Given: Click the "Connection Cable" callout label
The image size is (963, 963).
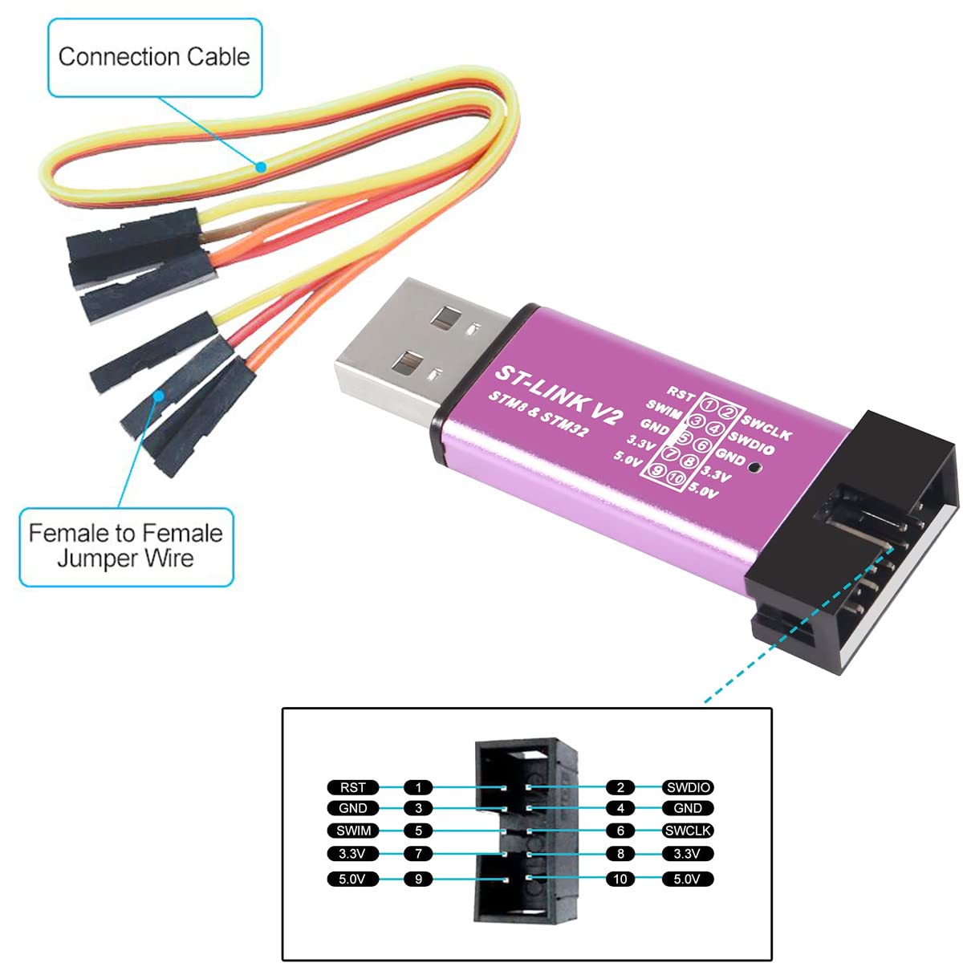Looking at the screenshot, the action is tap(154, 57).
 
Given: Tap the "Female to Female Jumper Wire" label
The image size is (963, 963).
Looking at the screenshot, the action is tap(125, 545).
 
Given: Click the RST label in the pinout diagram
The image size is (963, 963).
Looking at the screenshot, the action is tap(352, 787).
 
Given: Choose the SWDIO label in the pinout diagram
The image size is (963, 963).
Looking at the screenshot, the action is tap(689, 787).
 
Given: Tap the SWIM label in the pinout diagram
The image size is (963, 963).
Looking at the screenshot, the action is tap(352, 831).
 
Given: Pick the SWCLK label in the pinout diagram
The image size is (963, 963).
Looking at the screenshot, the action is tap(689, 831).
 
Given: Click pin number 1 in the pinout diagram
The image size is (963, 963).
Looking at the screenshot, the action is tap(418, 787).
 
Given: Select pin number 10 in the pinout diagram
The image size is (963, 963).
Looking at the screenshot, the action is tap(620, 879).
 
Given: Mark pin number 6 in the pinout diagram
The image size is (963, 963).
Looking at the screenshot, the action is tap(620, 831).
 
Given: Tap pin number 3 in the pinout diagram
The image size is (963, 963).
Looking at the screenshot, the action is tap(418, 808).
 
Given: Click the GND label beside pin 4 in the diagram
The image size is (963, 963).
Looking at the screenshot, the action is tap(689, 808).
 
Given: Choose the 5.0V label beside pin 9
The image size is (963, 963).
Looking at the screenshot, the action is tap(352, 879).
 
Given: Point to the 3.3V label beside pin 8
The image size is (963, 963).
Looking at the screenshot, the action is tap(689, 854).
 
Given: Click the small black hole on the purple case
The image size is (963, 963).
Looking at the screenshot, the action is tap(754, 466).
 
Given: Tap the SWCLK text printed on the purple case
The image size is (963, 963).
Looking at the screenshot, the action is tap(766, 427).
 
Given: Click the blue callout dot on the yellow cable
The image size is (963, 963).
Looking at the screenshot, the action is tap(261, 168).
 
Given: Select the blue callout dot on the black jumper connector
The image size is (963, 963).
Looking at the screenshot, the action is tap(160, 395).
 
